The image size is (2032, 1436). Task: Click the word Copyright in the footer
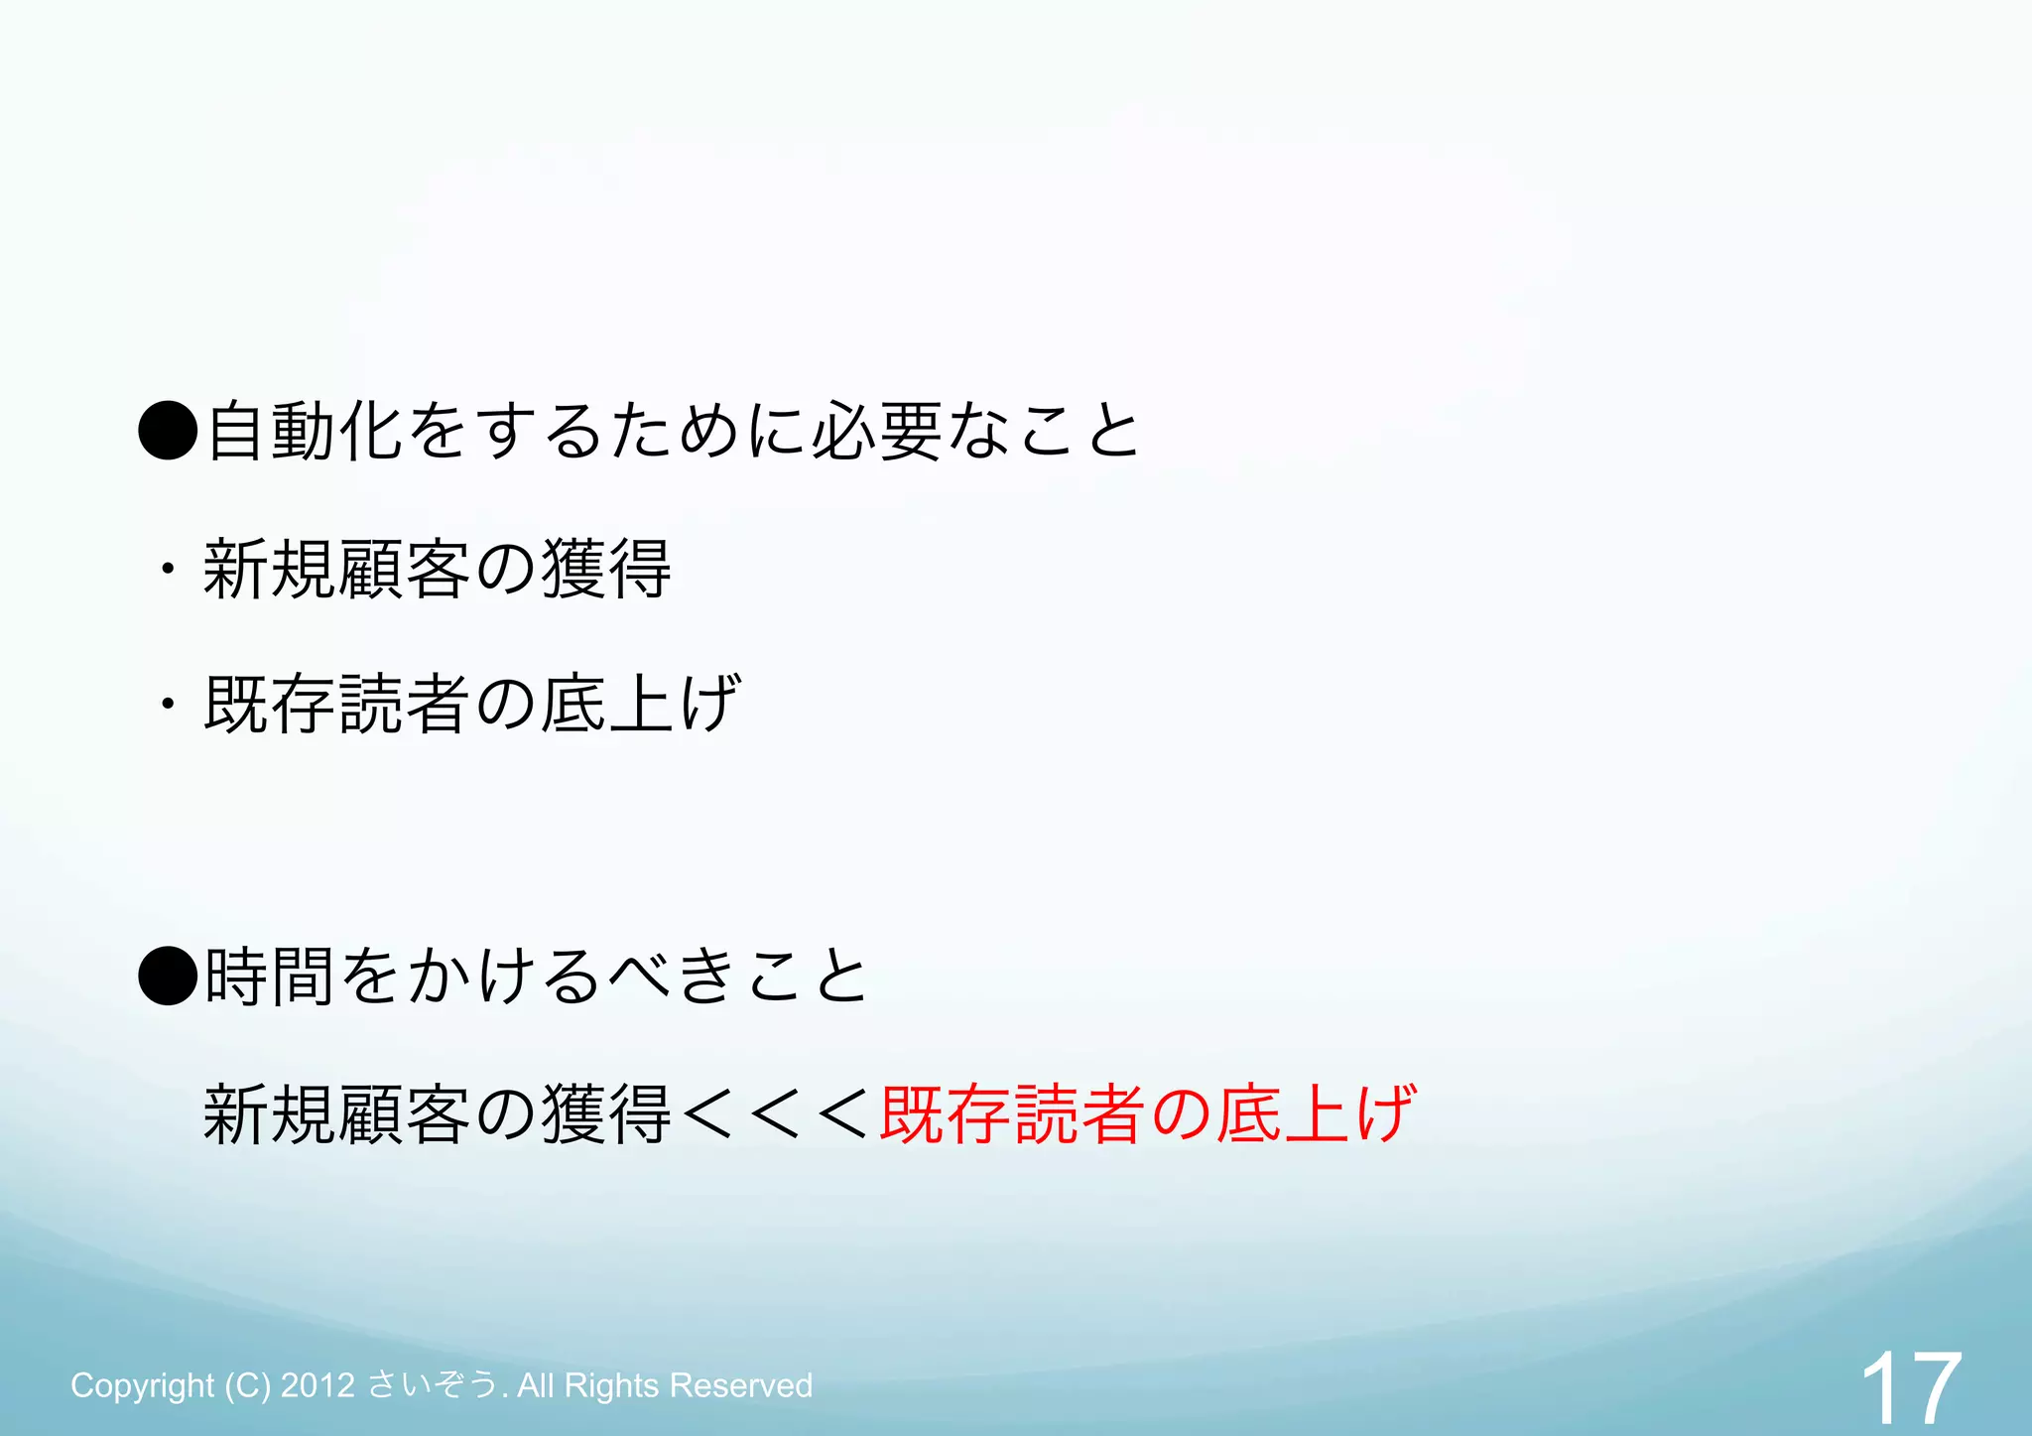142,1385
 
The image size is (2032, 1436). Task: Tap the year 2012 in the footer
317,1385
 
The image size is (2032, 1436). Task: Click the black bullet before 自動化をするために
168,431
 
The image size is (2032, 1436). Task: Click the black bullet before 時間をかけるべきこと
168,977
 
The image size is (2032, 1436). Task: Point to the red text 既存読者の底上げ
1147,1113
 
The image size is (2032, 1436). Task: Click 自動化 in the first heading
304,431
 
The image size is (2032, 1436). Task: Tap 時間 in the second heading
269,977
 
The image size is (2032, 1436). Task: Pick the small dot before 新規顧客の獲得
168,569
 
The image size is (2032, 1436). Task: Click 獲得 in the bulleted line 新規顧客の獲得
606,569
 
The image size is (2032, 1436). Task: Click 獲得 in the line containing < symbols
606,1113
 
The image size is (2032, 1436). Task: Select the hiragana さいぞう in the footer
432,1385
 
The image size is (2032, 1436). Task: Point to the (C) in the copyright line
247,1385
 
